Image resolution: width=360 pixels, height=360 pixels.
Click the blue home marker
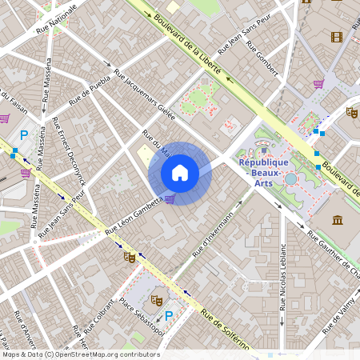point(180,172)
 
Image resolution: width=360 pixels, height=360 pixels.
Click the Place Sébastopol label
point(140,318)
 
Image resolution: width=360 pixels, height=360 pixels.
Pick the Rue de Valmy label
point(340,315)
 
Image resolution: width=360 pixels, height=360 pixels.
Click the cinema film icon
point(336,36)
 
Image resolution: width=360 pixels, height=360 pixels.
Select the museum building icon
point(337,220)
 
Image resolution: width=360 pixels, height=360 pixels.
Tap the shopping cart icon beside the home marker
point(170,199)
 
